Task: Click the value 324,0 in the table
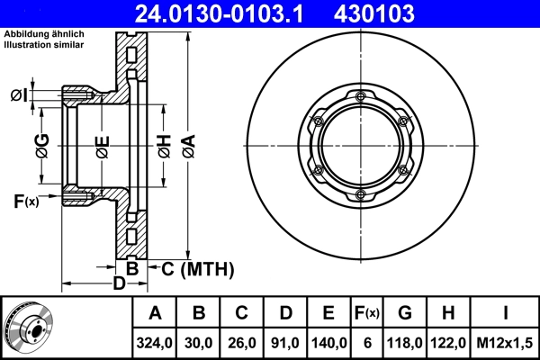click(155, 342)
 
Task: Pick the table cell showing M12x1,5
click(506, 342)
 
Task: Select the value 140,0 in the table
click(328, 342)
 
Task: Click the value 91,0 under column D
click(285, 342)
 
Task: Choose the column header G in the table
click(405, 313)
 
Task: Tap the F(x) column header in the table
click(367, 313)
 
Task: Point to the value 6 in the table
click(367, 342)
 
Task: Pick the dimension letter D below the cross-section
click(118, 285)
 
